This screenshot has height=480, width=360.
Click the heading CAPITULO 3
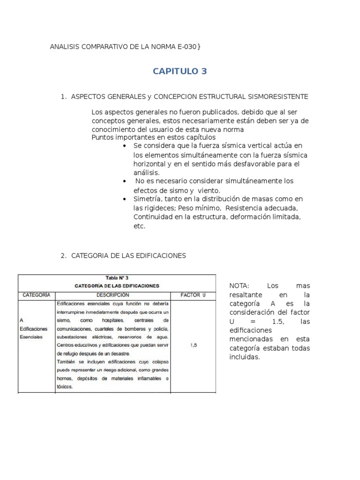[180, 71]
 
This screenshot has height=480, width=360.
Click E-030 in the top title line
[189, 47]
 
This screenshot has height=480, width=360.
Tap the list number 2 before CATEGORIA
[63, 255]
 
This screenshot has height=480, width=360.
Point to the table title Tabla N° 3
[117, 278]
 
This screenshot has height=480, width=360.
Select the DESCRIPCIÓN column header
[112, 295]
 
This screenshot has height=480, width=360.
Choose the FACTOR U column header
[193, 295]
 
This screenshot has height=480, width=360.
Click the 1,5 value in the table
[193, 345]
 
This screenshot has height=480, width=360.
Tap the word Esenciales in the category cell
[31, 337]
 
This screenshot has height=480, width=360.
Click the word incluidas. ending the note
[244, 357]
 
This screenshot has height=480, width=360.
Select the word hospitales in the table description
[111, 320]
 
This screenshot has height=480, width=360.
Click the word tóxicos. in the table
[65, 387]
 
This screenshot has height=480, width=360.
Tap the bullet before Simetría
[124, 199]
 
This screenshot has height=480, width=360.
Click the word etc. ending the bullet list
[140, 226]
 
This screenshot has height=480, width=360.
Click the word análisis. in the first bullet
[147, 172]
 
